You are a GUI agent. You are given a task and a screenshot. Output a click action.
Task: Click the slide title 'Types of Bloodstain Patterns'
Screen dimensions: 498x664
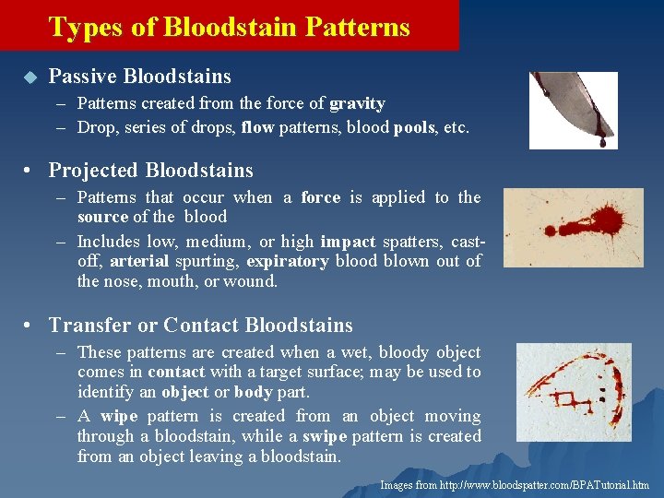coord(229,27)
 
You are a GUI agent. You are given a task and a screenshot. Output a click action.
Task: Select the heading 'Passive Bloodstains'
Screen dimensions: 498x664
coord(139,77)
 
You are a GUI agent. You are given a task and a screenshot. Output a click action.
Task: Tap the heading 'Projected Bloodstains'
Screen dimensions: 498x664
coord(150,171)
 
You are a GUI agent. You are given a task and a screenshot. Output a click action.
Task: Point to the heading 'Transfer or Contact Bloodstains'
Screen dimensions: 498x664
coord(200,326)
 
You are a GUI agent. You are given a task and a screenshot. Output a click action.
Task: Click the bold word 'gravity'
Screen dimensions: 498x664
coord(357,103)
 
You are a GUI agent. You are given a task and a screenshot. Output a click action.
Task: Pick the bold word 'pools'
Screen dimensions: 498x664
coord(414,128)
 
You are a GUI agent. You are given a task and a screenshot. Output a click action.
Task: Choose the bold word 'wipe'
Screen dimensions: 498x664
coord(118,417)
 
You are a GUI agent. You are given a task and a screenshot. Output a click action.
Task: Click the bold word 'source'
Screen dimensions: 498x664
coord(102,217)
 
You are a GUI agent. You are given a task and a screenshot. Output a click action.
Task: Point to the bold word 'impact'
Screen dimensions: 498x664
coord(347,243)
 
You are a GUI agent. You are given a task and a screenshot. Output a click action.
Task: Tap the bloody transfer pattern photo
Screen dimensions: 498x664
coord(573,392)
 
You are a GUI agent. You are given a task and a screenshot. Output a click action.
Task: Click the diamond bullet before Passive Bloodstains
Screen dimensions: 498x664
coord(29,77)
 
